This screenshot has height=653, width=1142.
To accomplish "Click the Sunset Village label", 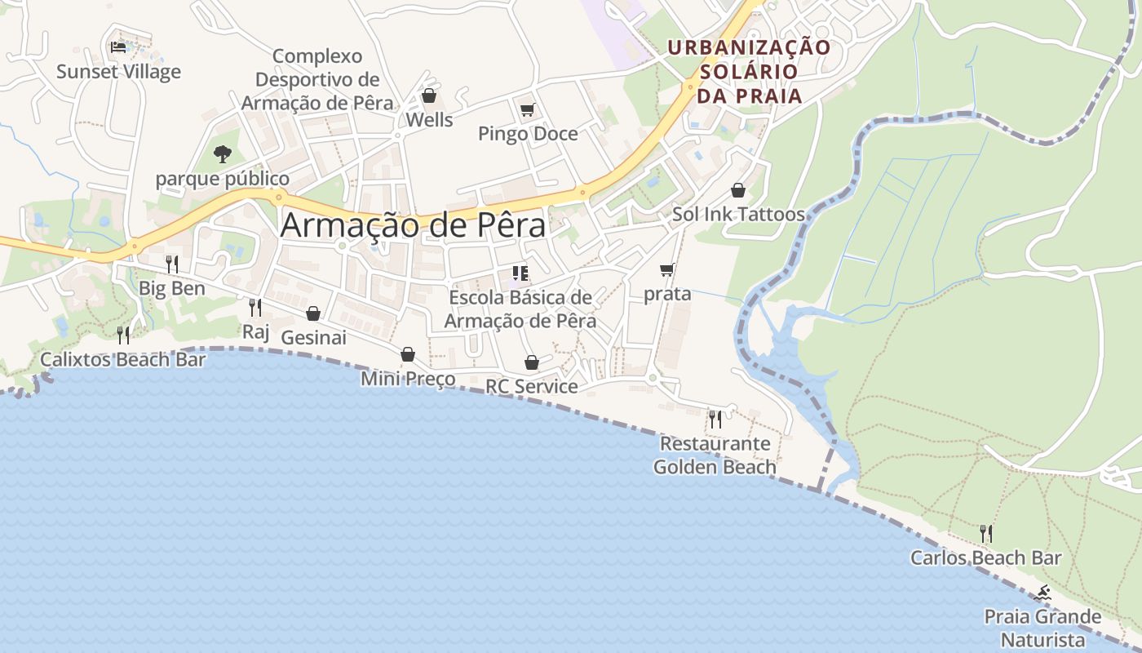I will coord(118,72).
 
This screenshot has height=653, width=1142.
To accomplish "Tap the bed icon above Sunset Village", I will coord(118,47).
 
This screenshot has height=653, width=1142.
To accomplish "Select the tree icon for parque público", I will coord(222,153).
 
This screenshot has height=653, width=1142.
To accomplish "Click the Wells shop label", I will coord(429,120).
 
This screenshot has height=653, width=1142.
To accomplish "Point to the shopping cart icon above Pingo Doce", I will coord(527,109).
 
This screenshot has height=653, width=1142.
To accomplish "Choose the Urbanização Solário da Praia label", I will coord(749,71).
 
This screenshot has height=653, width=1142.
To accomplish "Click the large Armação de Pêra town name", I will coord(413,225).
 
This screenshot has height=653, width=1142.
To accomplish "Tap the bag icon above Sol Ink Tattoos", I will coord(738,190).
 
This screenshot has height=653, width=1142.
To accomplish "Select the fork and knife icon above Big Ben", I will coord(172,264).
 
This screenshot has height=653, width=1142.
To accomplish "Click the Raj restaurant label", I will coord(255,331).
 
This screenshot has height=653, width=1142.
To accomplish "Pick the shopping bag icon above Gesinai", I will coord(313,313).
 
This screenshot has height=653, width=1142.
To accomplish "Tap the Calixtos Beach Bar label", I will coord(123,359).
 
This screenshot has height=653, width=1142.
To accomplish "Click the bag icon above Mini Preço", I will coord(408,354).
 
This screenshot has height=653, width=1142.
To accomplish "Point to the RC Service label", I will coord(532,386).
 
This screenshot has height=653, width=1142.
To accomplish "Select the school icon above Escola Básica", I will coord(520,273).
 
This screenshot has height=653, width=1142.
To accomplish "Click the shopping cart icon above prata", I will coord(667,269).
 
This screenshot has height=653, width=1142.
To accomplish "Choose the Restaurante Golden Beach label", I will coord(715,455).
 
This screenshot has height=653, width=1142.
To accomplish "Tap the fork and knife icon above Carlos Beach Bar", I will coord(986,534).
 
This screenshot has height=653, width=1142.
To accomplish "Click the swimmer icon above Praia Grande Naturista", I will coord(1042,593).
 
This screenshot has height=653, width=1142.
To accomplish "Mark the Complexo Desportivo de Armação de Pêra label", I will coord(317,80).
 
